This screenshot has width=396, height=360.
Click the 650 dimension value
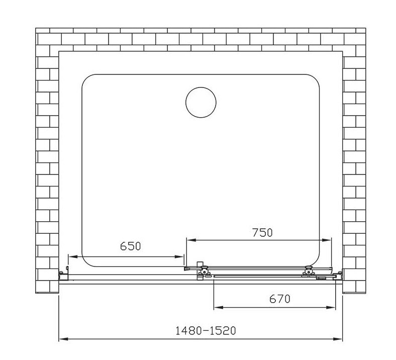(130, 246)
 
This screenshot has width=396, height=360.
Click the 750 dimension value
(263, 233)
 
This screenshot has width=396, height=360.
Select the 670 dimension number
(280, 299)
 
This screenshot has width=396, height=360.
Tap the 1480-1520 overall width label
(206, 330)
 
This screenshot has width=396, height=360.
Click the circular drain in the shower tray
(201, 102)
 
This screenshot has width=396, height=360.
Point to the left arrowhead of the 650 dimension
(73, 256)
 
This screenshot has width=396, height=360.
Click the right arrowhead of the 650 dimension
(179, 256)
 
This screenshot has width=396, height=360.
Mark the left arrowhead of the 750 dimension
(191, 240)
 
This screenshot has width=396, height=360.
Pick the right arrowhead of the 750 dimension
(326, 240)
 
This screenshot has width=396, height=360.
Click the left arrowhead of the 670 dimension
(219, 307)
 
